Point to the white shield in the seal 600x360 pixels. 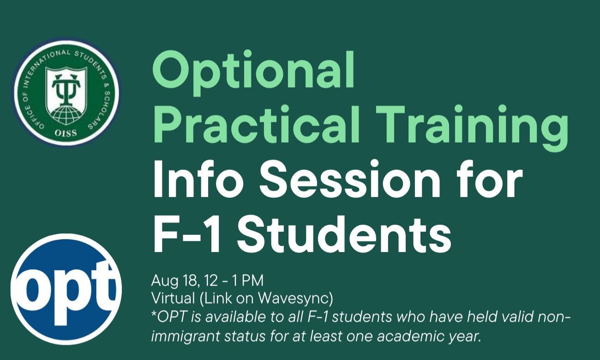click(66, 93)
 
